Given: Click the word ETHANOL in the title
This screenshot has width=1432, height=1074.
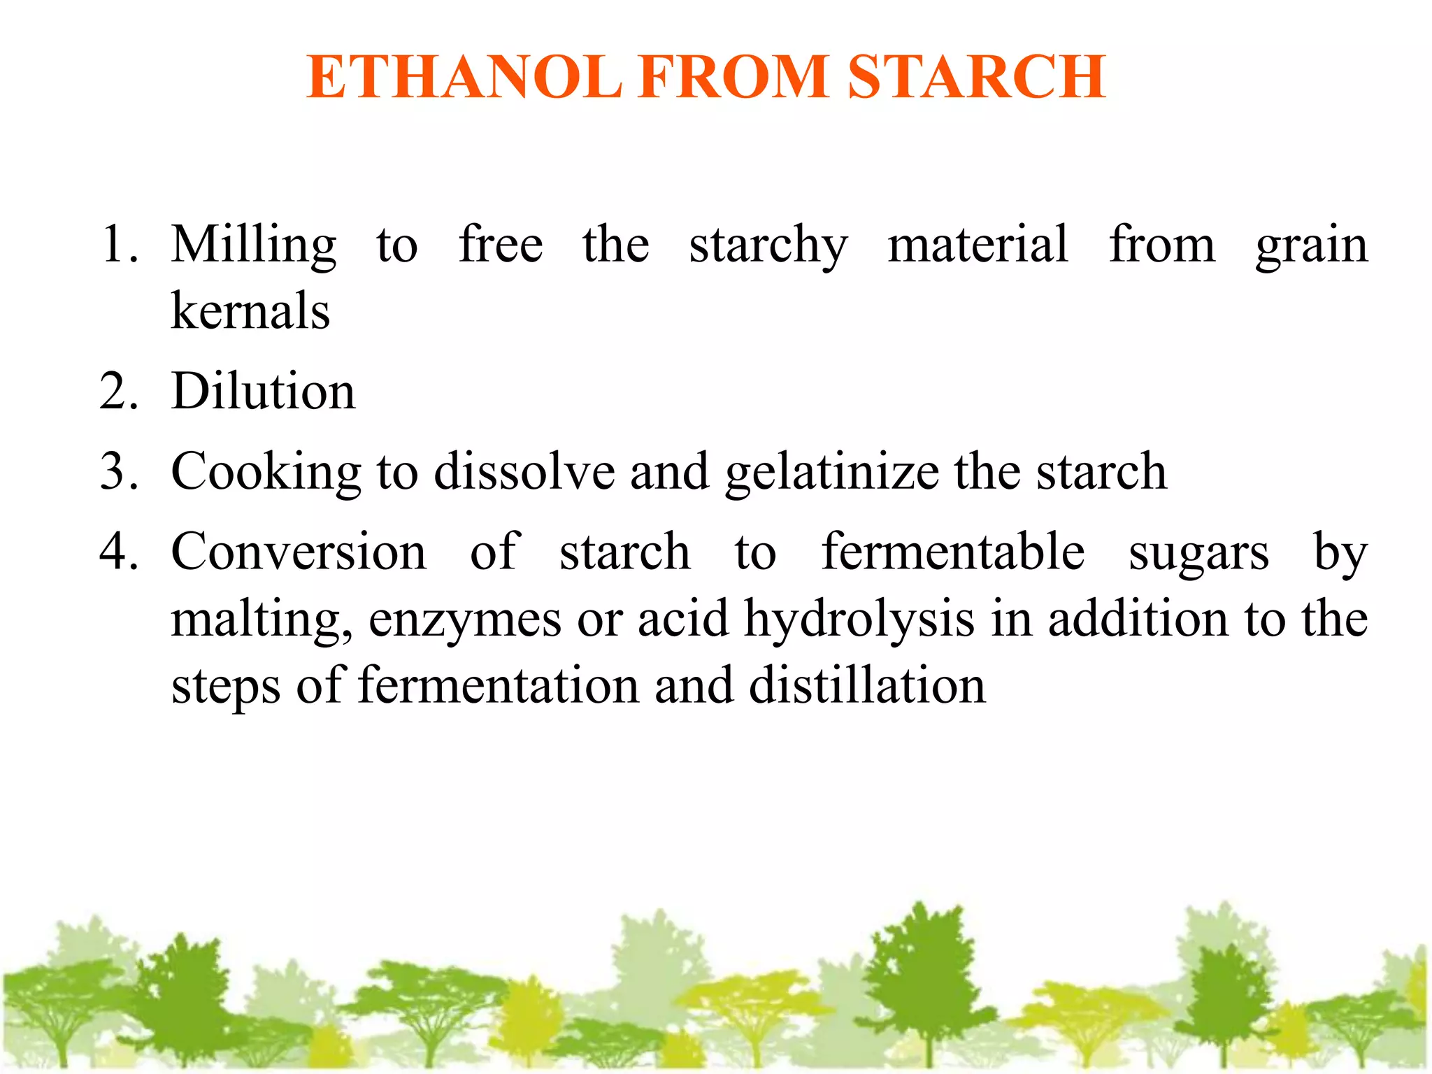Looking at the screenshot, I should tap(464, 77).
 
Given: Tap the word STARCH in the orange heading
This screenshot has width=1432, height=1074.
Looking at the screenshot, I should tap(977, 77).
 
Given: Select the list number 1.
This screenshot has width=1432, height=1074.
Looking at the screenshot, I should tap(119, 245).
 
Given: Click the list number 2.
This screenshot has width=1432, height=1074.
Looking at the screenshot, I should tap(119, 392).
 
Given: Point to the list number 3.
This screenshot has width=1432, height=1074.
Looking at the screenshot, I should tap(119, 471).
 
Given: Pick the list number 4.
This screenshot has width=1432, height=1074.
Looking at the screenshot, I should tap(119, 552).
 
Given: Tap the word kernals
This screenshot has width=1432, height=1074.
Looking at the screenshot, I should tap(250, 311).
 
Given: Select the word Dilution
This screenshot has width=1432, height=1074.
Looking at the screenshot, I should tap(264, 392).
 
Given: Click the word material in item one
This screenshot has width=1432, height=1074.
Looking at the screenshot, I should tap(978, 245).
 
